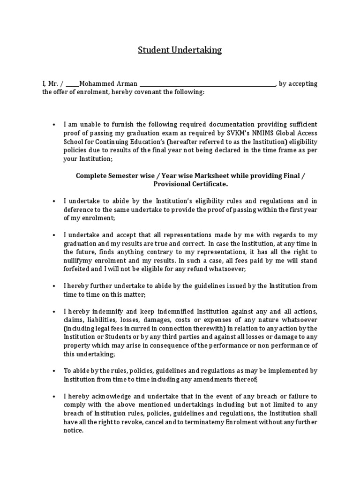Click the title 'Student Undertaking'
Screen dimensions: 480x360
[180, 50]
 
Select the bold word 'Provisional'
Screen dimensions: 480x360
[165, 184]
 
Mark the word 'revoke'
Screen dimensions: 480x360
[145, 422]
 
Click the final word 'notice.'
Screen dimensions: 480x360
[74, 431]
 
